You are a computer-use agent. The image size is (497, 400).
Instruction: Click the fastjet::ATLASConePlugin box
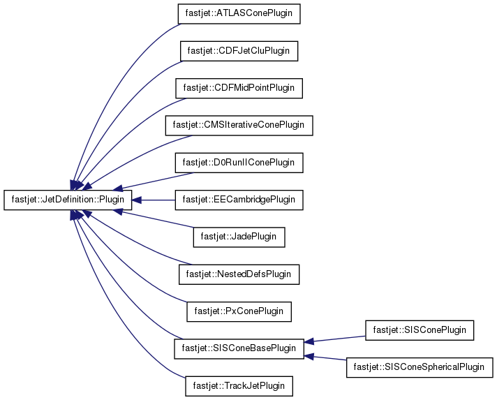pos(239,14)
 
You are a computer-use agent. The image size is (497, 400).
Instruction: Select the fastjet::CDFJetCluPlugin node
pos(239,51)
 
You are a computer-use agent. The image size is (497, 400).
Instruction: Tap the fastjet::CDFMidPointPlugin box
pos(239,88)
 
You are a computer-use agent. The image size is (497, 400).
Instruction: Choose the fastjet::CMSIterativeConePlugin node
pos(239,126)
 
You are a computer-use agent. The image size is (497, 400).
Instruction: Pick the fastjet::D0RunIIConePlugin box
pos(239,163)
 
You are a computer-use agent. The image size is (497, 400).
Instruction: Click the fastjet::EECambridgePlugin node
pos(239,200)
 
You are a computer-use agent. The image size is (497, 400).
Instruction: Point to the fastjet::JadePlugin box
pos(239,237)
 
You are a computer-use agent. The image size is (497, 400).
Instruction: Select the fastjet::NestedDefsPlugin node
pos(239,274)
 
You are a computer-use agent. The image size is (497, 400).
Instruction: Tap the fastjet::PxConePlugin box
pos(239,311)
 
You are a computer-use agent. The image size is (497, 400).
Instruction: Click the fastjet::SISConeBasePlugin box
pos(239,348)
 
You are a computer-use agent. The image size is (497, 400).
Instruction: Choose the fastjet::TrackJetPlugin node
pos(239,386)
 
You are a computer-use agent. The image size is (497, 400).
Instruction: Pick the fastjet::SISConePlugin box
pos(420,330)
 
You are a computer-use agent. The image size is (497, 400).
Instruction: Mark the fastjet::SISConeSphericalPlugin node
pos(420,367)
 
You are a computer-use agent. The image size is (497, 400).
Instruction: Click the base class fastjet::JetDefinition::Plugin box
pos(68,200)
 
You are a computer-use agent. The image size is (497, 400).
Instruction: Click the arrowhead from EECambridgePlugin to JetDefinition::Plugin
pos(137,200)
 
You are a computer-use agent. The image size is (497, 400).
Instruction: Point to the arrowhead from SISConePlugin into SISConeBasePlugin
pos(309,341)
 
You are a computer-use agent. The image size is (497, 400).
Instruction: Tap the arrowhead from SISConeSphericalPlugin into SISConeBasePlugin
pos(309,356)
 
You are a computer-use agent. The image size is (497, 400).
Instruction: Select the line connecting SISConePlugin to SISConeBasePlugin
pos(339,339)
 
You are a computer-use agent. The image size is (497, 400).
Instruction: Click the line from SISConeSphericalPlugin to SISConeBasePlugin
pos(330,359)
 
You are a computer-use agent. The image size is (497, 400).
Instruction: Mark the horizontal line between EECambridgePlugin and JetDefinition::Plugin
pos(158,200)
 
